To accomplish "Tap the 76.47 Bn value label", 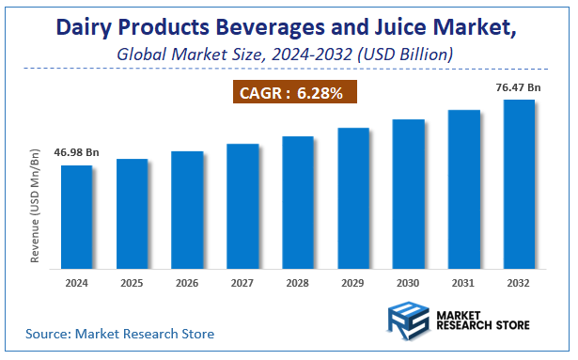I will (x=519, y=87).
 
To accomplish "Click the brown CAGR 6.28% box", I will (x=293, y=93).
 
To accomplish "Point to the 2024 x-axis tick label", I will (x=77, y=281).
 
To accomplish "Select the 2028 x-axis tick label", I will (x=298, y=281).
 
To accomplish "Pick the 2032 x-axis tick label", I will (x=519, y=281).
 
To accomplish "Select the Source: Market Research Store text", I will (x=120, y=334).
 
